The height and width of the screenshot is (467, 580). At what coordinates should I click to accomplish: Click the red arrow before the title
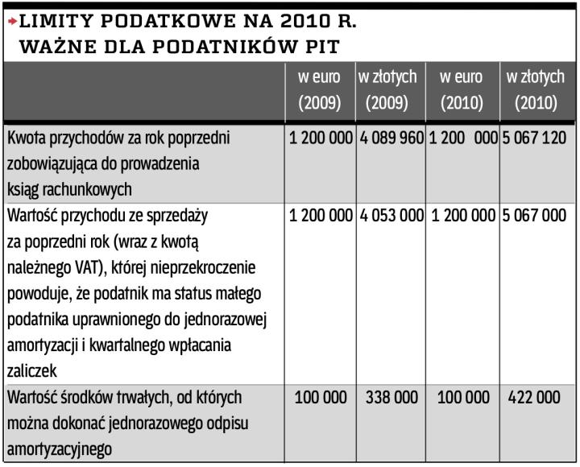pos(10,21)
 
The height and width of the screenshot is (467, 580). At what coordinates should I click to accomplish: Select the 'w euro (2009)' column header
pos(320,90)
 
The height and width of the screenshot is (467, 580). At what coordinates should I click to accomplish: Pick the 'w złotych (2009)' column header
pos(387,90)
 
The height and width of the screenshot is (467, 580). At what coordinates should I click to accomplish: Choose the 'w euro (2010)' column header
pos(461,90)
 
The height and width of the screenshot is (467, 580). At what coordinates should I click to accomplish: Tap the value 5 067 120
pos(535,138)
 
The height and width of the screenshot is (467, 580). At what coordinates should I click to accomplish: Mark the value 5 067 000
pos(535,215)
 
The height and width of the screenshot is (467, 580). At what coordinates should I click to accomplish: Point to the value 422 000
pos(535,398)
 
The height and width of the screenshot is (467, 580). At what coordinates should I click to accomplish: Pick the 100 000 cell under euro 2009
pos(321,398)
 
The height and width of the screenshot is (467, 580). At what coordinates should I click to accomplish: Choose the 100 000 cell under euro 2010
pos(462,398)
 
